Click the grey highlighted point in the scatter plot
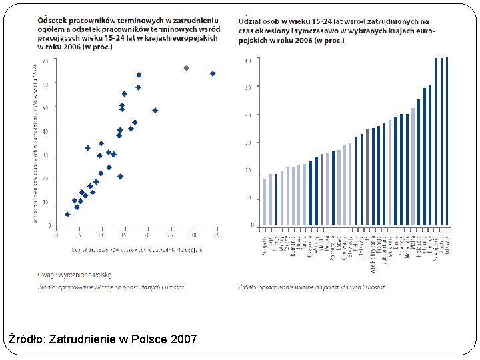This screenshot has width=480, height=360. [186, 68]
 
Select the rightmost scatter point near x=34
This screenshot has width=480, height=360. [213, 73]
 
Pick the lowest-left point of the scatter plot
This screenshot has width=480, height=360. [67, 215]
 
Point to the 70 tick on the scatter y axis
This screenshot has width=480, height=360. [45, 60]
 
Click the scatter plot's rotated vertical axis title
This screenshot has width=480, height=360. [35, 143]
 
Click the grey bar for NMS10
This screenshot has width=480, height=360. [322, 189]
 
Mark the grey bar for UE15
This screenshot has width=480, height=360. [367, 177]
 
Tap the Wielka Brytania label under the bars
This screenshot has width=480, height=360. [373, 253]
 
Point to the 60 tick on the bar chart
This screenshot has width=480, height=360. [248, 60]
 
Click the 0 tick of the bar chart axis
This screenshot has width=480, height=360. [253, 225]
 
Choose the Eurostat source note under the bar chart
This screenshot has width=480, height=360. [311, 287]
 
